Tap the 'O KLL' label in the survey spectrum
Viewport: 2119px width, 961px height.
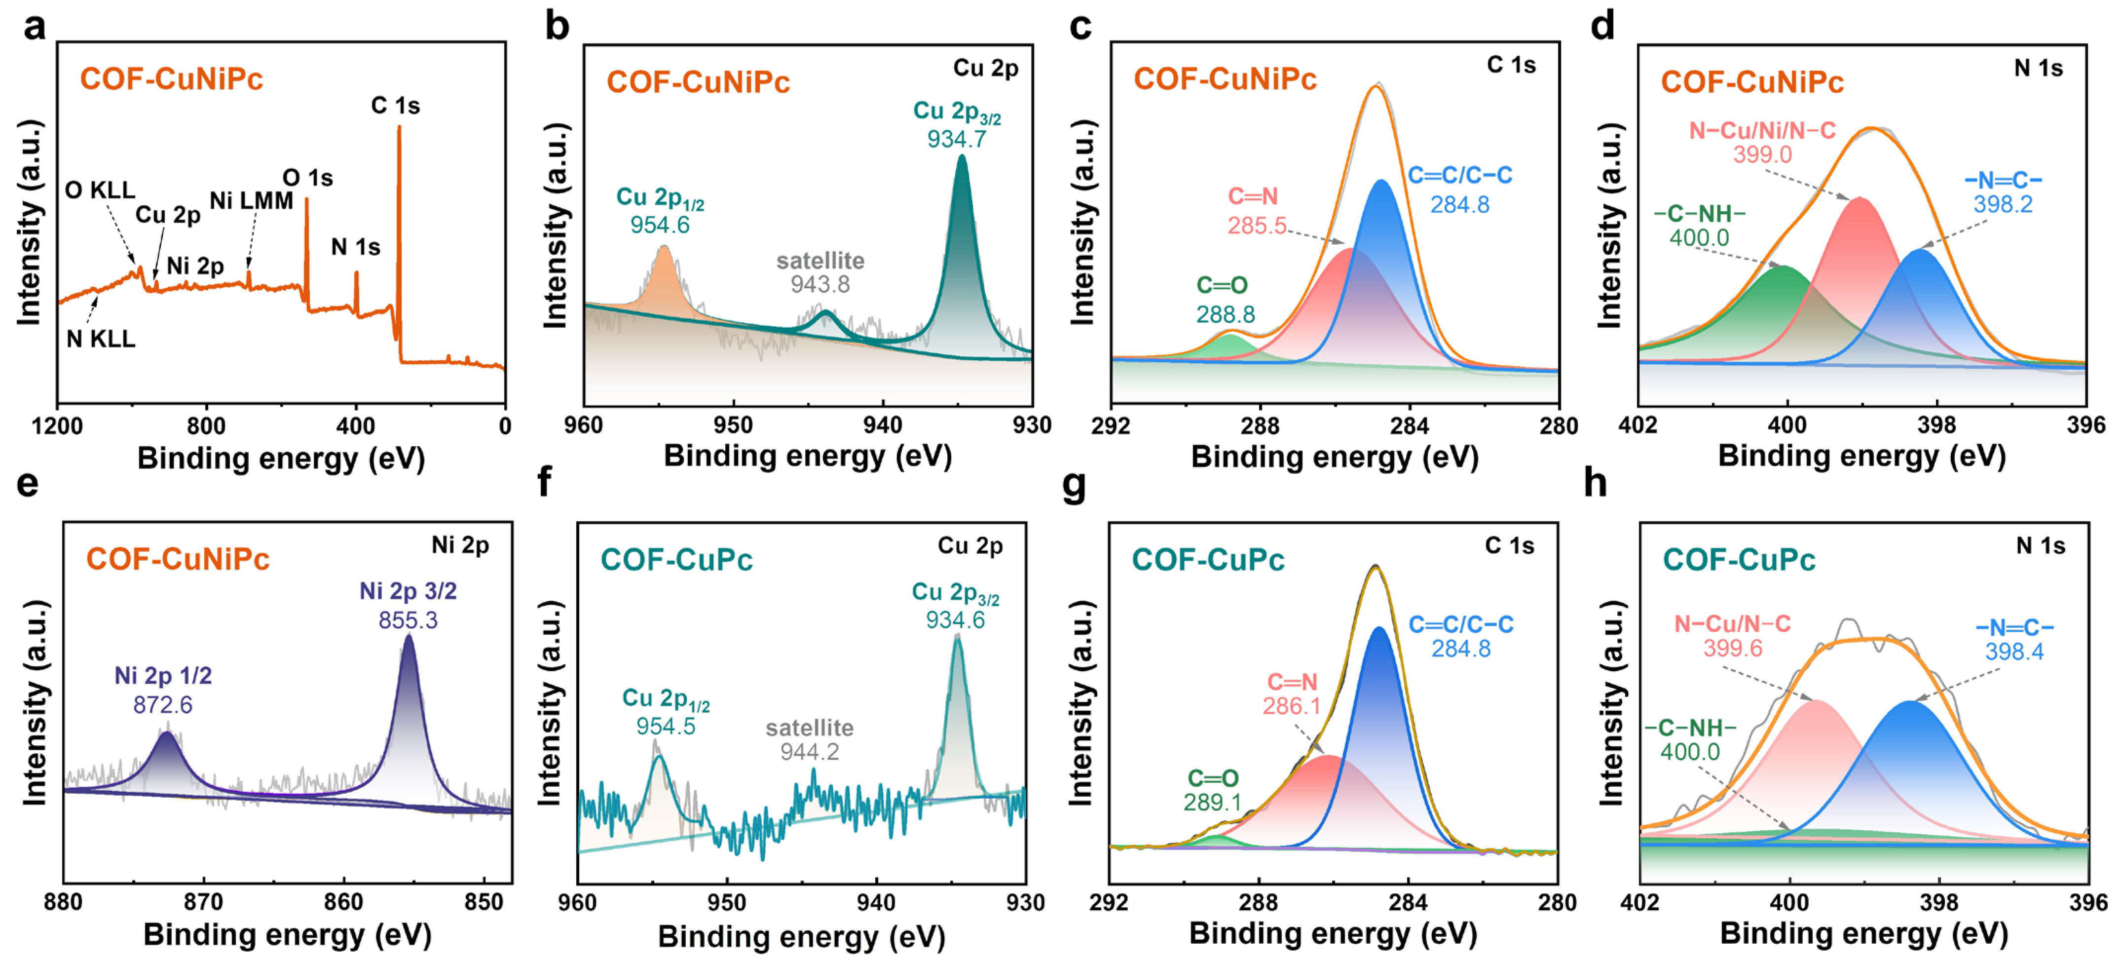click(100, 190)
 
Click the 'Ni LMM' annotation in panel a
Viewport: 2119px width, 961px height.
click(251, 201)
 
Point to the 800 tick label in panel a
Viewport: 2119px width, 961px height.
click(206, 426)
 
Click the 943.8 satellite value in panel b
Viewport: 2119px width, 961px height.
click(819, 285)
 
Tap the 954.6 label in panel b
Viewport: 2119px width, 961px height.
click(660, 225)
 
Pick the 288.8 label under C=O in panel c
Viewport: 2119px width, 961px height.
click(1225, 314)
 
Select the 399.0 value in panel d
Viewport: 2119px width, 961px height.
click(1762, 154)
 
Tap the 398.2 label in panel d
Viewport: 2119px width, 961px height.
click(2002, 204)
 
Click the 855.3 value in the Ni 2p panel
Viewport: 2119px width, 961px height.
click(408, 619)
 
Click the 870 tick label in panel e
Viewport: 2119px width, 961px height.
click(203, 903)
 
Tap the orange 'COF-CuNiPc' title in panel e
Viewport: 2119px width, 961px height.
click(178, 560)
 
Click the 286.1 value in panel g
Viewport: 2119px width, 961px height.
click(1292, 706)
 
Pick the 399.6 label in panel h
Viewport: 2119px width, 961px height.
click(1732, 649)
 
